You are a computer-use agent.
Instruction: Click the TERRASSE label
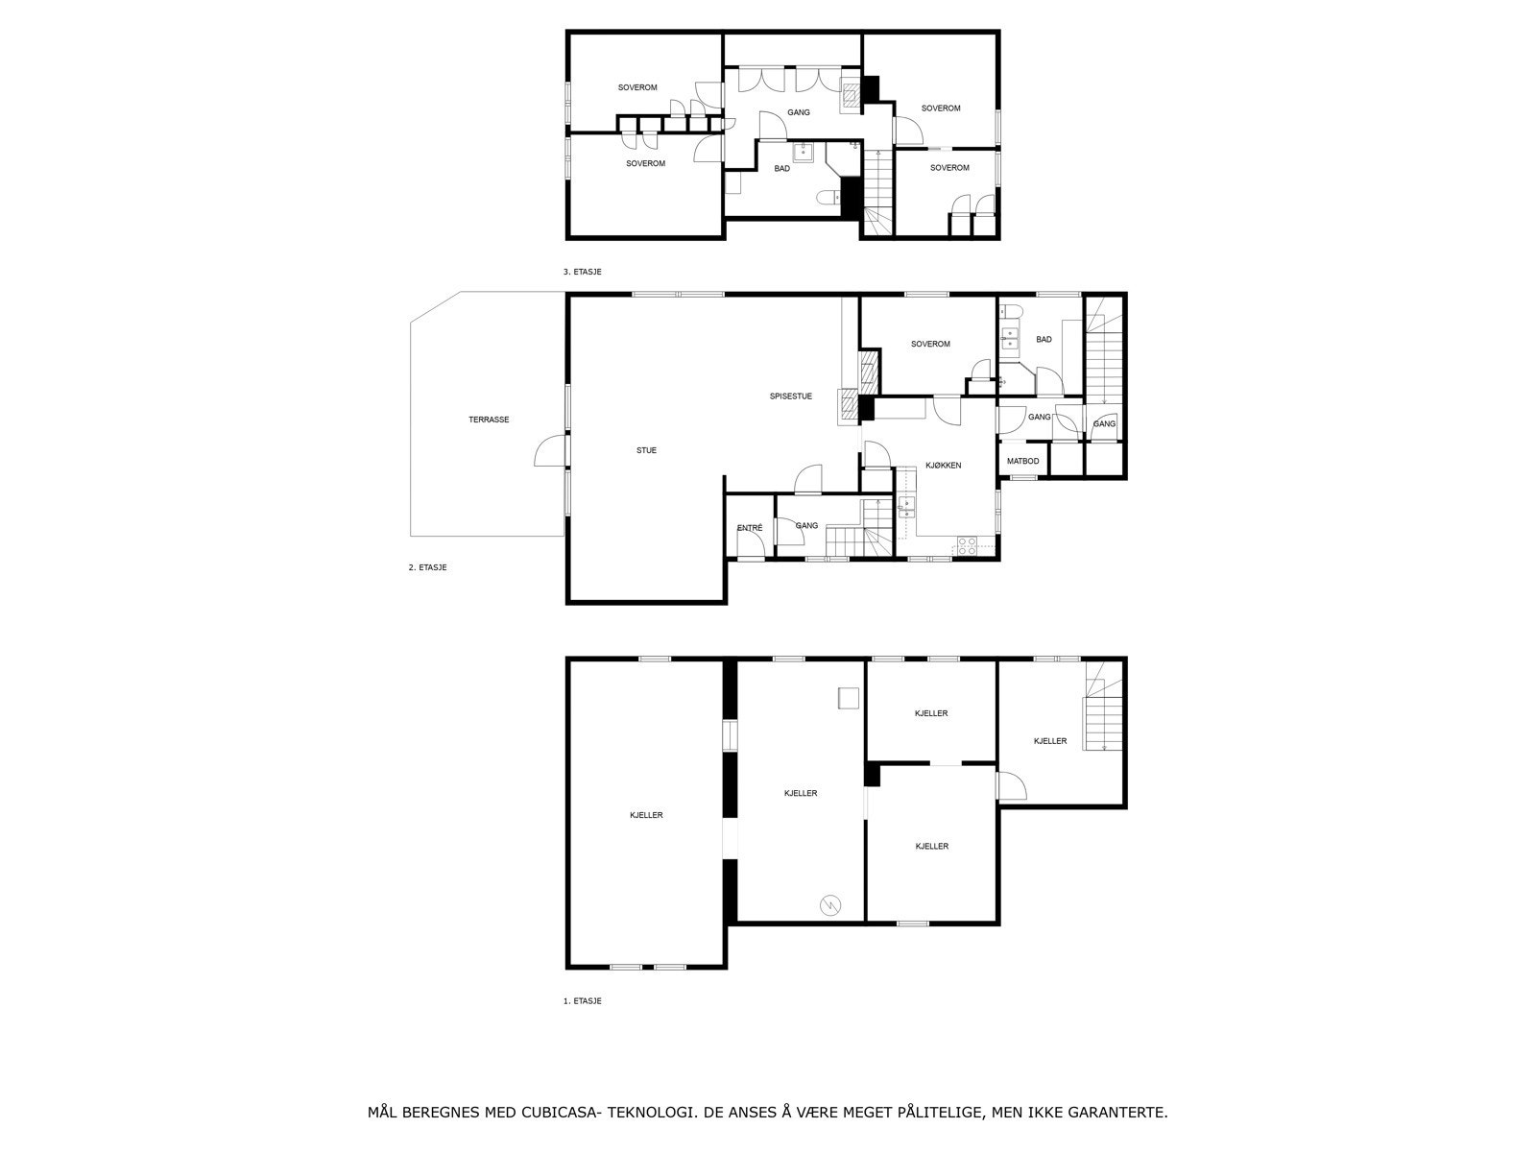tap(489, 420)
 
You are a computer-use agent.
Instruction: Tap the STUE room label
tap(646, 450)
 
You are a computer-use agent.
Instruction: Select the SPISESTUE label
tap(791, 396)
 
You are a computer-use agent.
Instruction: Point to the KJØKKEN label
tap(944, 466)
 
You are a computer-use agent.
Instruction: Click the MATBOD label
tap(1022, 462)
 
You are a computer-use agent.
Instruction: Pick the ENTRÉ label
tap(750, 528)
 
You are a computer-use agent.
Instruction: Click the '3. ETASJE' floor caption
tap(582, 272)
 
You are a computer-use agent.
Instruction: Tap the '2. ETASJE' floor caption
tap(427, 567)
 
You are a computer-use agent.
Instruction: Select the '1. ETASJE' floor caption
tap(582, 1001)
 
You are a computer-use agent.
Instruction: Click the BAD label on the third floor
tap(781, 169)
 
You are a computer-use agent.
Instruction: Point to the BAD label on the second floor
tap(1044, 339)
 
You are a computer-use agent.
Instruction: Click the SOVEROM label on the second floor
tap(930, 344)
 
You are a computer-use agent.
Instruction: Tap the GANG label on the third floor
tap(799, 112)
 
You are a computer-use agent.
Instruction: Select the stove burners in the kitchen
tap(967, 545)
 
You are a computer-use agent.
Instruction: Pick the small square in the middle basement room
tap(848, 698)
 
